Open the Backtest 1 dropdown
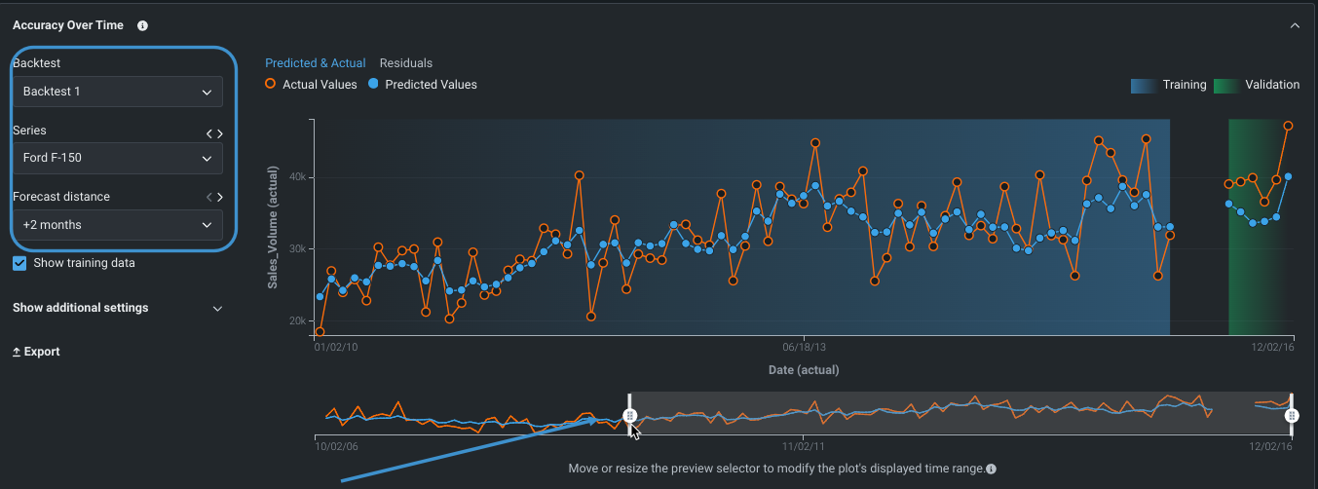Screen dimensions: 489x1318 (x=117, y=92)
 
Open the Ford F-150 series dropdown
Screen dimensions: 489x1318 (x=117, y=158)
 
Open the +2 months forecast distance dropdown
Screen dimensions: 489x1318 (x=117, y=225)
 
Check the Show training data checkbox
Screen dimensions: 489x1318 (x=19, y=263)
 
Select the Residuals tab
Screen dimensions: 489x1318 (x=405, y=63)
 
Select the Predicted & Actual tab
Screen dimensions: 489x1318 (x=316, y=63)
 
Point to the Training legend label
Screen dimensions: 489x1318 (x=1184, y=85)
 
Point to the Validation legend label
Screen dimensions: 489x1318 (x=1271, y=85)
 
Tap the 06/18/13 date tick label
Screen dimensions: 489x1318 (x=804, y=346)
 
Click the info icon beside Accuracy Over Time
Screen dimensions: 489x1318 (x=142, y=25)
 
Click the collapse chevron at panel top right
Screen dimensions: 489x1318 (x=1295, y=25)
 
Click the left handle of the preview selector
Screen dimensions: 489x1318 (x=630, y=416)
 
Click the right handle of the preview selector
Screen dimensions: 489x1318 (x=1292, y=416)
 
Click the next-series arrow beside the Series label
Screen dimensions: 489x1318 (x=220, y=133)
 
